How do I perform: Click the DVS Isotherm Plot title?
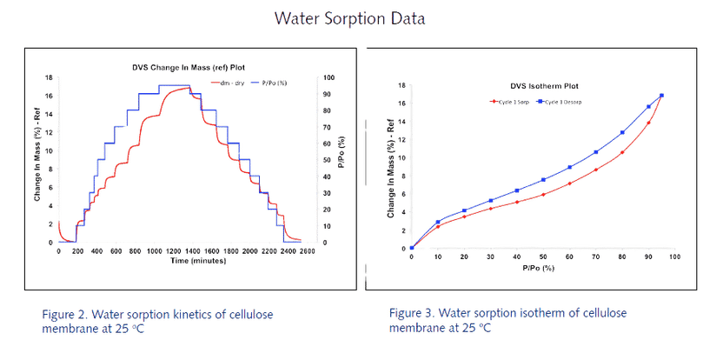544,85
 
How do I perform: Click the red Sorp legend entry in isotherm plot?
507,102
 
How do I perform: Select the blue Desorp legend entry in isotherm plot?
564,102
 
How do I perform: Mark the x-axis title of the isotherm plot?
533,269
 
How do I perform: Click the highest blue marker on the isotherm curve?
661,96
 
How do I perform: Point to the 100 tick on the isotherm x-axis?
673,258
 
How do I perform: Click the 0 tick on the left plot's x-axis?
58,252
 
